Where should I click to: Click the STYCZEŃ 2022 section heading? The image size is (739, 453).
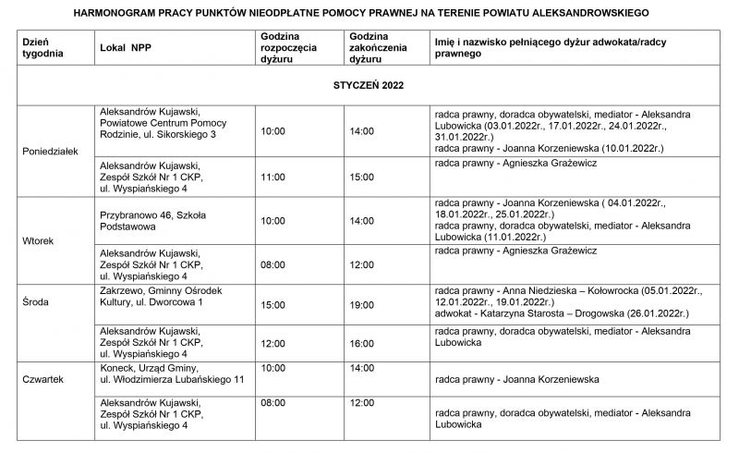pos(368,84)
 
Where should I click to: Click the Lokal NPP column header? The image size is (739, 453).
pos(126,44)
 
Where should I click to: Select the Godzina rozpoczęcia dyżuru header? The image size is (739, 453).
pos(288,44)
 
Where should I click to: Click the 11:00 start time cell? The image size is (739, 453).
pos(273,176)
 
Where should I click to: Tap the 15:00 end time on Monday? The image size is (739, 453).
pos(362,176)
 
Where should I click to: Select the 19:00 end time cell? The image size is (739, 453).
pos(362,304)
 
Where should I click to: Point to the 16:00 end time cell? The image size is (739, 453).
pos(362,343)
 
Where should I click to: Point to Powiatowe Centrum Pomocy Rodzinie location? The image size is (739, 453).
pos(163,129)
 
